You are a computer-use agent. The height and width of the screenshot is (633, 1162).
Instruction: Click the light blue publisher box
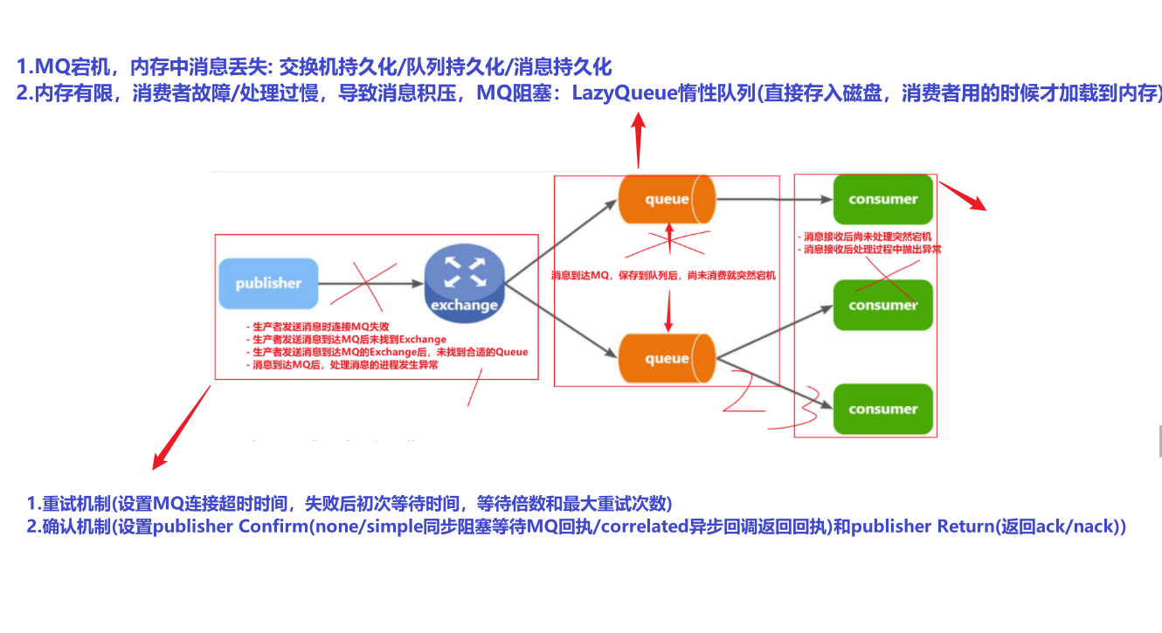(x=268, y=283)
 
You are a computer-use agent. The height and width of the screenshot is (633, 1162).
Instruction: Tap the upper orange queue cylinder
(x=667, y=200)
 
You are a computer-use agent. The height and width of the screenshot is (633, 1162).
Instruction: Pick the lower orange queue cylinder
(x=667, y=359)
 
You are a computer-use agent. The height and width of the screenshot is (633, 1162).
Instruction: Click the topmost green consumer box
(x=883, y=199)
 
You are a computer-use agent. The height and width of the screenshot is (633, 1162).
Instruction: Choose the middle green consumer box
(x=883, y=305)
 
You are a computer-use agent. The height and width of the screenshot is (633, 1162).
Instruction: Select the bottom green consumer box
(x=883, y=409)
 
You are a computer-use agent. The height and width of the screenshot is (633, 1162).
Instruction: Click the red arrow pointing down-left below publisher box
(x=181, y=427)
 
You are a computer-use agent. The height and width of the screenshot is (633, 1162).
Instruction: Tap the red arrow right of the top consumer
(x=964, y=196)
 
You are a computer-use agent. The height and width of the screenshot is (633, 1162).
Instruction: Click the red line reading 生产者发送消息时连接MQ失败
(x=317, y=327)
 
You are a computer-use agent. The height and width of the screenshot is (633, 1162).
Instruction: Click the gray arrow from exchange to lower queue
(x=559, y=322)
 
